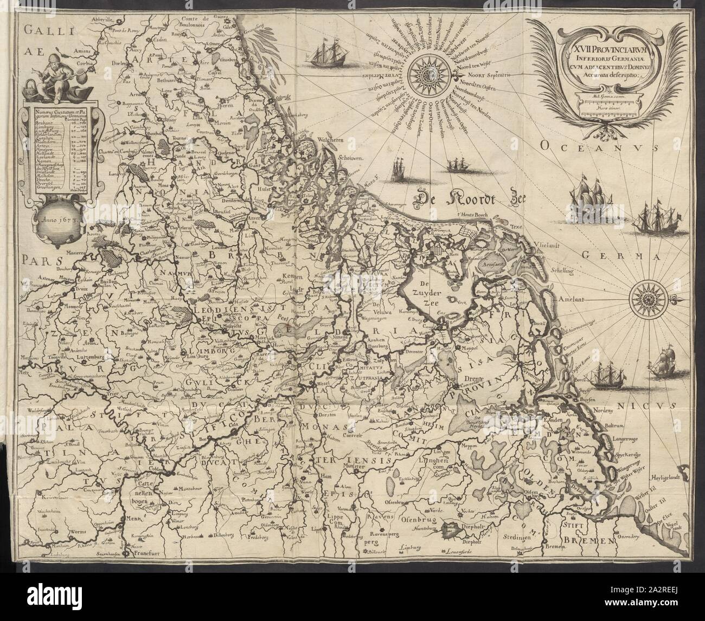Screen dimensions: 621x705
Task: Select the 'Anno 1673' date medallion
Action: click(x=54, y=222)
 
